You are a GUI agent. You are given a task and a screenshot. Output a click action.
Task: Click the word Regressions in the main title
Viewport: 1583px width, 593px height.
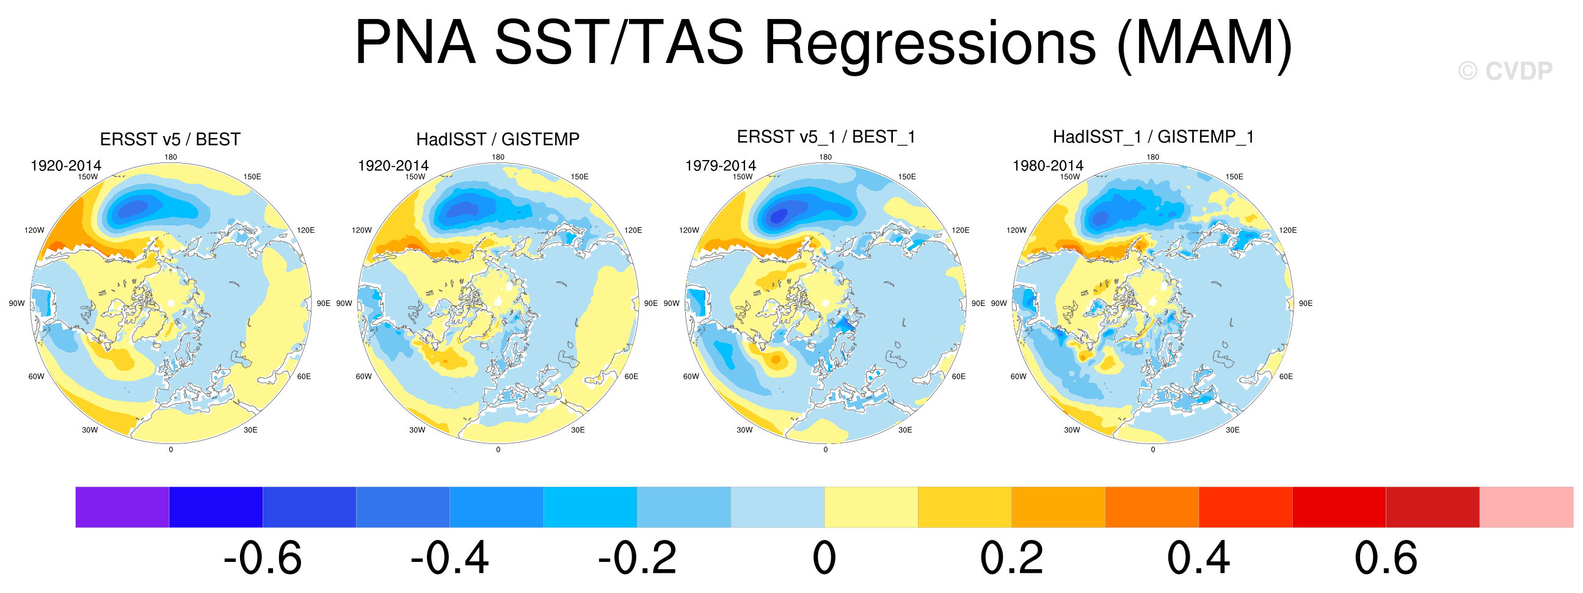pos(930,43)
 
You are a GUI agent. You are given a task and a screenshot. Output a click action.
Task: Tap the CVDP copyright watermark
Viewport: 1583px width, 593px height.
pos(1505,71)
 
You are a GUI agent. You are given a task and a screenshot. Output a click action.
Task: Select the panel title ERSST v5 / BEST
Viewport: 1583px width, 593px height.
pos(170,139)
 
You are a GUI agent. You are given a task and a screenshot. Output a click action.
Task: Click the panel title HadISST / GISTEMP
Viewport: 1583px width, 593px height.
pos(498,139)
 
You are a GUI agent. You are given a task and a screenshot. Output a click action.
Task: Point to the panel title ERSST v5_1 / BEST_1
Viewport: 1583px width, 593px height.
pos(826,137)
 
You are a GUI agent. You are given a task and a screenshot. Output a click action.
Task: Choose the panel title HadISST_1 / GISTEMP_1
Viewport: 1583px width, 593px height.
pos(1154,137)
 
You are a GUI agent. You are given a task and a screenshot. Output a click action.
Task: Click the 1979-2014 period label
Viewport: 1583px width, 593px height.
pos(720,166)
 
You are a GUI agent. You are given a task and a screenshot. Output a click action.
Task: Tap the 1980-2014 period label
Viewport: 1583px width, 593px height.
pos(1048,166)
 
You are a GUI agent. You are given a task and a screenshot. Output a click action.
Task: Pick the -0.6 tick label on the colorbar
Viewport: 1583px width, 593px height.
pos(263,559)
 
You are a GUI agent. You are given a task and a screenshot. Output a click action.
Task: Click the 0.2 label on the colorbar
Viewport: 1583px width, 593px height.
pos(1011,559)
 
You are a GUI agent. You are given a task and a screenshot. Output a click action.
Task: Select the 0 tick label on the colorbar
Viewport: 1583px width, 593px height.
pos(824,559)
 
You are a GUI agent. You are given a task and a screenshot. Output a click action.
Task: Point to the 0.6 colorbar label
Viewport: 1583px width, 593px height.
pos(1386,559)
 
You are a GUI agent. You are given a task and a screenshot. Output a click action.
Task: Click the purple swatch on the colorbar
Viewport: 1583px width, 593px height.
pos(122,507)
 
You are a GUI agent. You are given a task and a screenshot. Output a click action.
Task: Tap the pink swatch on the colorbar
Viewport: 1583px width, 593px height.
pos(1526,507)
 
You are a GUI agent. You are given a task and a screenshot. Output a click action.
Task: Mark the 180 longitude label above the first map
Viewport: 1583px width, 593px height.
pos(171,158)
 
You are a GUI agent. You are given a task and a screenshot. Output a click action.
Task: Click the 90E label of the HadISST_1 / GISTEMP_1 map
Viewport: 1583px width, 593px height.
pos(1305,304)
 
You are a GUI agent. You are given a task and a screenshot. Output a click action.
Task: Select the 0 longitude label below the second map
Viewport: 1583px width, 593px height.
pos(498,450)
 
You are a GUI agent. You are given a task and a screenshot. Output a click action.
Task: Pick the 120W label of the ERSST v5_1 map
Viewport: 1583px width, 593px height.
pos(689,230)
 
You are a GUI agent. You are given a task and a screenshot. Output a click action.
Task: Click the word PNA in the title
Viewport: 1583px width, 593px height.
pos(415,43)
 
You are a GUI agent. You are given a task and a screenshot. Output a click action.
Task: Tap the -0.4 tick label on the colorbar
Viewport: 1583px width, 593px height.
pos(449,559)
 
